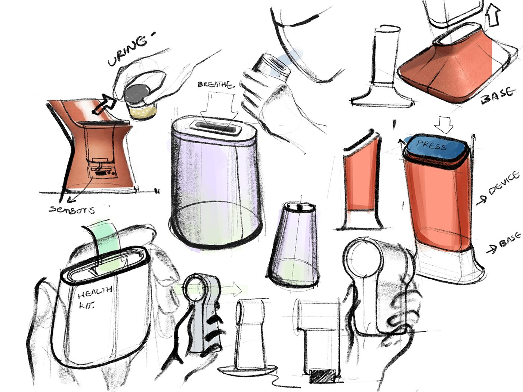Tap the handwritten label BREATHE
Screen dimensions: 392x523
216,84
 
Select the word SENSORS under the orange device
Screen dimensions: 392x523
72,210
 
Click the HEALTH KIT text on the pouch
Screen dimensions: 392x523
93,297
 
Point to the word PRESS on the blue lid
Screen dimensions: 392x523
431,145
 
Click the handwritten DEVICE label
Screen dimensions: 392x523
504,183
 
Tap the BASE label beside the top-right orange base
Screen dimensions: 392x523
498,95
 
